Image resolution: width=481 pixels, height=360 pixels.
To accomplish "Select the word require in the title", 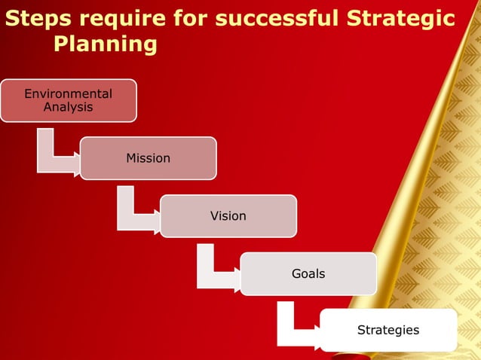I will coord(118,18).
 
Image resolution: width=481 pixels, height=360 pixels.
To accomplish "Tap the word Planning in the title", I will coord(105,44).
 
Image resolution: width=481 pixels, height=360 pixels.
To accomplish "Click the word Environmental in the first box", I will coord(68,94).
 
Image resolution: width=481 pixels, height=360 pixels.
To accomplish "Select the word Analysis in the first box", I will coord(68,107).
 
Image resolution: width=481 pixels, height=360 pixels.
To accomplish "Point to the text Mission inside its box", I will coord(148,158).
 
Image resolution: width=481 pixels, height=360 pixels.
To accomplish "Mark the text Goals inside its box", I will coord(308,274).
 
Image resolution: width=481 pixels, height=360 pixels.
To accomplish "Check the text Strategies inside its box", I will coord(388,330).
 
